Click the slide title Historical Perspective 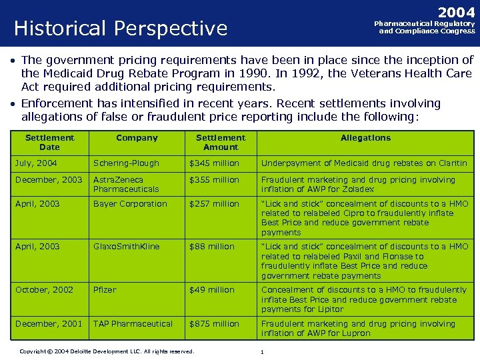(121, 29)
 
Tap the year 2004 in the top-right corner (456, 13)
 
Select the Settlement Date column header (49, 142)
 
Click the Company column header (137, 138)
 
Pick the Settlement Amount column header (221, 142)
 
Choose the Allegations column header (365, 138)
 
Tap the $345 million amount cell (214, 163)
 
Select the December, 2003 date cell (49, 180)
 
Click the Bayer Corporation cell (130, 204)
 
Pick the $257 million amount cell (214, 204)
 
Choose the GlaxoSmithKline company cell (127, 247)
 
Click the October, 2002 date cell (45, 290)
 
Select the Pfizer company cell (105, 290)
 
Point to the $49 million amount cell (212, 290)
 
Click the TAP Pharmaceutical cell (133, 324)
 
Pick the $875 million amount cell (214, 324)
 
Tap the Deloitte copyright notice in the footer (107, 351)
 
